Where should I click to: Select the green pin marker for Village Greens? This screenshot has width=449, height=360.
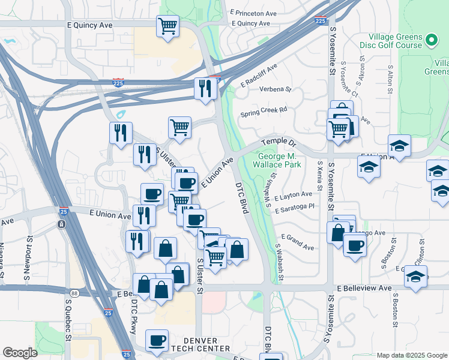pos(431,40)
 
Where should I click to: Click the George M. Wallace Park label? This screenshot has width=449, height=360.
pos(284,158)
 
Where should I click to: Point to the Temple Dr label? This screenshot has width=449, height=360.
pos(279,143)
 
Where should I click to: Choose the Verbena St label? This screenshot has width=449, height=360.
pos(275,89)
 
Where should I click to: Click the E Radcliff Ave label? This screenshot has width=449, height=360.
pos(259,76)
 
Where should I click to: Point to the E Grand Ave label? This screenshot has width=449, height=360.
pos(297,242)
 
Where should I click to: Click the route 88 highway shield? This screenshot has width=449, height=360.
pos(74,293)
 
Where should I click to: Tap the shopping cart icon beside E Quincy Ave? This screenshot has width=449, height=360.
pos(168,26)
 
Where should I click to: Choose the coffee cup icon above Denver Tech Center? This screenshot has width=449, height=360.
pos(157,340)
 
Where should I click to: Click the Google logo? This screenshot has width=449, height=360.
pos(20,353)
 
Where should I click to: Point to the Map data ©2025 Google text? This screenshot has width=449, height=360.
pos(411,355)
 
